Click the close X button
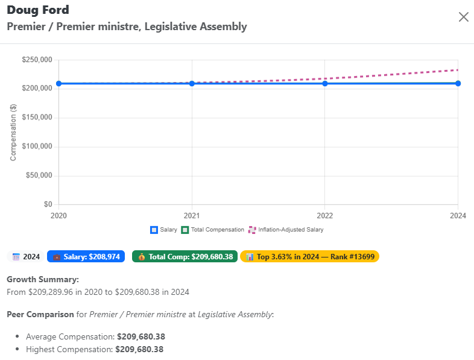coord(463,17)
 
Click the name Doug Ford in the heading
coord(38,10)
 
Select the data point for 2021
coord(192,83)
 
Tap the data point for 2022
coord(325,83)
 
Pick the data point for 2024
coord(458,83)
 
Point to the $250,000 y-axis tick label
coord(37,60)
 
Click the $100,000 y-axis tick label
coord(37,147)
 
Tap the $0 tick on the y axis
coord(48,204)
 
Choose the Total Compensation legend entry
coord(213,230)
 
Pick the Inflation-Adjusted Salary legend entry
coord(286,230)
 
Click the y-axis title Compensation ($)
coord(13,132)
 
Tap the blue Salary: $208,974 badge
coord(86,257)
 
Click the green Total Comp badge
coord(185,257)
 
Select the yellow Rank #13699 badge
coord(309,257)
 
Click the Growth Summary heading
coord(43,280)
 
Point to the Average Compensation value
coord(141,336)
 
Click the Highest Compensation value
coord(139,349)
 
